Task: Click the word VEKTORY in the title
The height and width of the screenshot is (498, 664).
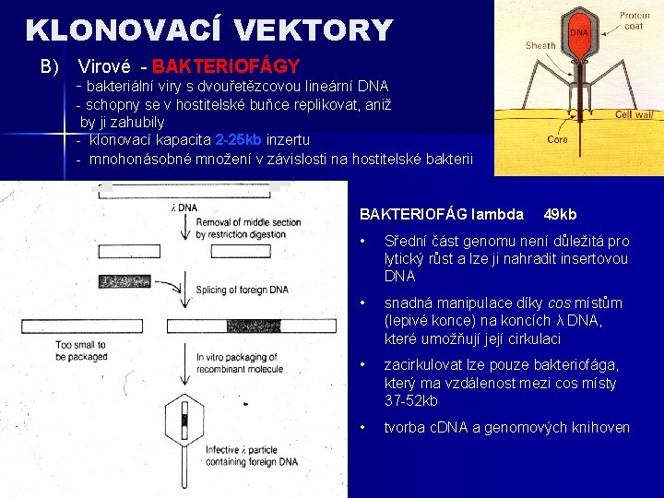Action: [313, 30]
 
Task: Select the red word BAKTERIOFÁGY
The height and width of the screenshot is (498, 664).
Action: [226, 66]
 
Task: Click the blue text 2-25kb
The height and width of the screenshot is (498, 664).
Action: [239, 140]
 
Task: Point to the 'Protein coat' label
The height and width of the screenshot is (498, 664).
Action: [634, 20]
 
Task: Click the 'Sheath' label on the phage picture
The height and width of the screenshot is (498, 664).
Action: [540, 45]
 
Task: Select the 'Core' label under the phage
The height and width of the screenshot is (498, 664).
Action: [557, 140]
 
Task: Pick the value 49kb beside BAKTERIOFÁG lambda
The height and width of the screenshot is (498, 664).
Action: [561, 215]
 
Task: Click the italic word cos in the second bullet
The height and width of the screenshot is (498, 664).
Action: [560, 303]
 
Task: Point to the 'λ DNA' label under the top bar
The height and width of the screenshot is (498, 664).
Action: [184, 208]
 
